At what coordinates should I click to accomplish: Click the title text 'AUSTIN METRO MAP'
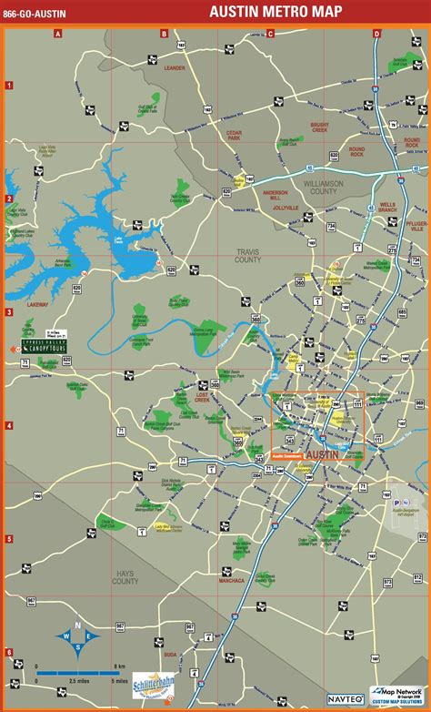click(x=277, y=12)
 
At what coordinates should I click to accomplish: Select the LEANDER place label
click(x=174, y=67)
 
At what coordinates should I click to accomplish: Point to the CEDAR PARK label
click(x=234, y=136)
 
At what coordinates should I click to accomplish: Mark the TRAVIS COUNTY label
click(x=247, y=257)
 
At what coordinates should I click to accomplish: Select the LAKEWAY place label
click(x=37, y=304)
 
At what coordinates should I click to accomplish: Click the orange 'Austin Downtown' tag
click(x=287, y=455)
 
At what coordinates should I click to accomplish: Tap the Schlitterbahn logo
click(x=153, y=685)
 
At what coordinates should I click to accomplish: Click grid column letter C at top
click(x=270, y=34)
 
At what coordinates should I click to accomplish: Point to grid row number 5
click(x=8, y=539)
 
